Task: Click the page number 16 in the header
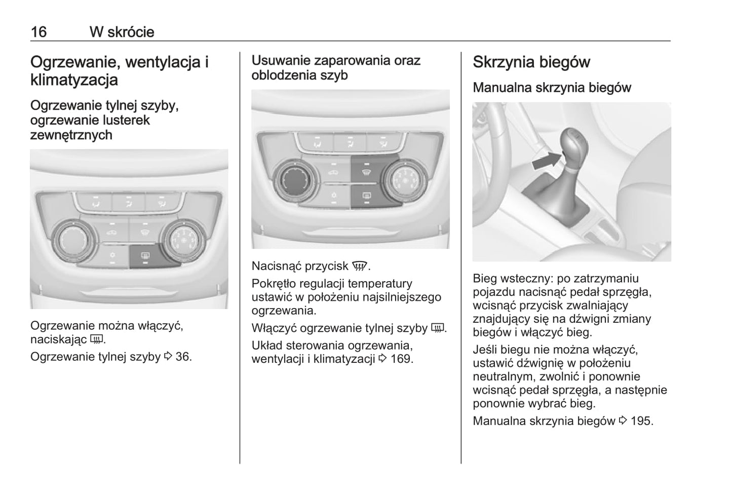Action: [38, 32]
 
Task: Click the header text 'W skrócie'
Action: [122, 32]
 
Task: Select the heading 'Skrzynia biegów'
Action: [531, 62]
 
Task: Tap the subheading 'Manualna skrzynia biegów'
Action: [552, 87]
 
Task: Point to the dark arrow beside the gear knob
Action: [547, 161]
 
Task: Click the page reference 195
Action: [642, 421]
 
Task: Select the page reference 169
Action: [402, 359]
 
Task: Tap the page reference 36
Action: [184, 357]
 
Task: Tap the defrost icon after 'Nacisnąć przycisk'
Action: [360, 267]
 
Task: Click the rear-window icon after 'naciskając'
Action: [96, 340]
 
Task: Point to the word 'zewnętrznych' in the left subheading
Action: [71, 135]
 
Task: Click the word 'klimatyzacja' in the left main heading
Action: [74, 80]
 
